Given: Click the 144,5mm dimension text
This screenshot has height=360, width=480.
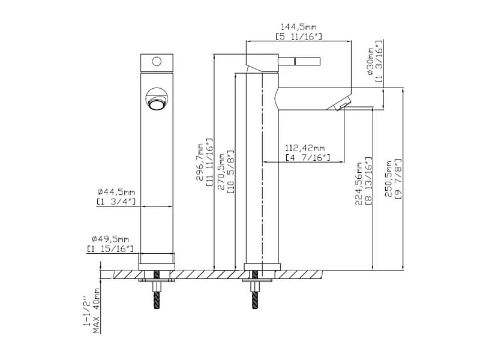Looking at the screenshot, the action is (298, 26).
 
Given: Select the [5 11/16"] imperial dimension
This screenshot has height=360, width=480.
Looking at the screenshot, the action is (298, 37).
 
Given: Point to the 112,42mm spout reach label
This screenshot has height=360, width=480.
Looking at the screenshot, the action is (305, 148).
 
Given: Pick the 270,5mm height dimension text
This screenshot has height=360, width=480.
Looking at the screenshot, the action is (221, 172).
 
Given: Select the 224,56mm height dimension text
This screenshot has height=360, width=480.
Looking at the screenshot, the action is (358, 184).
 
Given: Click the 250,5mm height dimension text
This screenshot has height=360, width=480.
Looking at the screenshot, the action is (388, 179).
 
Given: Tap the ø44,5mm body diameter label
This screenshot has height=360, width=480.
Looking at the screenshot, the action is (116, 192).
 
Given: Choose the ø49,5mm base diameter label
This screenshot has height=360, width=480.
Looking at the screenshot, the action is (110, 239).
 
